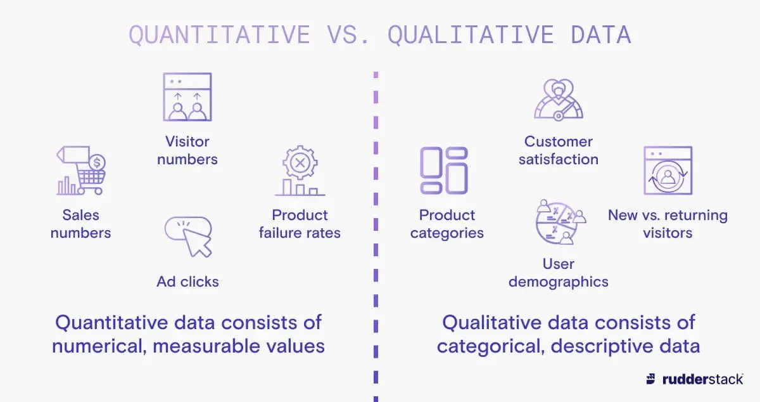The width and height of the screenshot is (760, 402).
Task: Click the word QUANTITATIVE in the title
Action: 220,35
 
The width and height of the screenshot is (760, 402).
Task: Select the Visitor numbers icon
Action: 187,97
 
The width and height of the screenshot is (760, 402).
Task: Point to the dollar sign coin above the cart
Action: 97,163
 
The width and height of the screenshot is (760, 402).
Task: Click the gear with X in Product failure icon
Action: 300,163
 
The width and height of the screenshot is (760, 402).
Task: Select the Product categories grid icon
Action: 444,171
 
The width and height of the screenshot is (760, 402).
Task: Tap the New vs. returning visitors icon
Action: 668,171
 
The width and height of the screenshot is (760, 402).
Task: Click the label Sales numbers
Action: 80,224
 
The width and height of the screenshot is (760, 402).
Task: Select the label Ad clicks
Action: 187,281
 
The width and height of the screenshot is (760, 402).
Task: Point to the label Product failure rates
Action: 300,224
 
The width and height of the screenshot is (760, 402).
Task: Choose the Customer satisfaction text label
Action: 558,150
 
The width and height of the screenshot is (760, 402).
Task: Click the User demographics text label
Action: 558,273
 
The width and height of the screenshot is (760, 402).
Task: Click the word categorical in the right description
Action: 486,346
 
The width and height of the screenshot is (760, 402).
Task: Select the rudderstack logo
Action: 694,379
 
